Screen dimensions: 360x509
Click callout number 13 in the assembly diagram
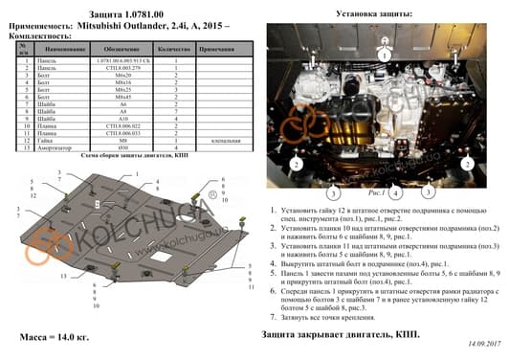(x=63, y=275)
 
